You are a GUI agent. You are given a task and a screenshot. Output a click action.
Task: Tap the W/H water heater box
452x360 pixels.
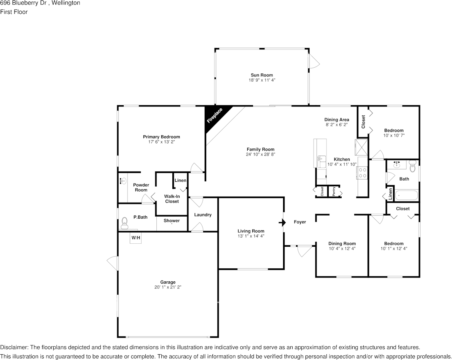click(x=135, y=238)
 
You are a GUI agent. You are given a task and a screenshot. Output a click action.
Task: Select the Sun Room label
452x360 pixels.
click(x=262, y=75)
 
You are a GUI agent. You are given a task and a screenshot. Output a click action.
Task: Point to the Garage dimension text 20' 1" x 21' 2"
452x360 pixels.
click(x=168, y=287)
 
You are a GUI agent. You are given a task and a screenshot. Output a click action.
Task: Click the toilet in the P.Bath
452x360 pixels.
click(x=124, y=223)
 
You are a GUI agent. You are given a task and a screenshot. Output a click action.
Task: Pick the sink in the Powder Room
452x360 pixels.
click(x=123, y=181)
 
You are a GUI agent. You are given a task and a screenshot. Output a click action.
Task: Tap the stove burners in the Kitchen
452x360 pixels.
click(x=363, y=173)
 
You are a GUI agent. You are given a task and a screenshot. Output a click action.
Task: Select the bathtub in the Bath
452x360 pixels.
click(x=406, y=195)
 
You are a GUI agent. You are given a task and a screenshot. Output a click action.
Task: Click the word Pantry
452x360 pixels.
click(x=334, y=191)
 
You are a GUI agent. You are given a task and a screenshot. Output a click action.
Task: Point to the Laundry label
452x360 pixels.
click(x=203, y=215)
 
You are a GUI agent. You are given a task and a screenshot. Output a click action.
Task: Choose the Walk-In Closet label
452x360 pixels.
click(x=172, y=199)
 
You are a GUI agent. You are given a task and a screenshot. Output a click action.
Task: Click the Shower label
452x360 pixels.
click(x=172, y=220)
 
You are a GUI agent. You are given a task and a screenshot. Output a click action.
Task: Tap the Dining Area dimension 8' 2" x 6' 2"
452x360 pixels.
click(x=337, y=125)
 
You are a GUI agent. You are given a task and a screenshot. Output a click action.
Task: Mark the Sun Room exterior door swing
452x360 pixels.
click(x=314, y=61)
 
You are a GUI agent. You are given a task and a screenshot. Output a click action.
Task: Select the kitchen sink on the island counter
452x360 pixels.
click(x=321, y=162)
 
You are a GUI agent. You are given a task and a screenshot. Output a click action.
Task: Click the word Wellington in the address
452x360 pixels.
click(x=66, y=3)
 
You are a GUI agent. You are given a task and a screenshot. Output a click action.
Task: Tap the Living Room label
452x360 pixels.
click(x=251, y=231)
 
